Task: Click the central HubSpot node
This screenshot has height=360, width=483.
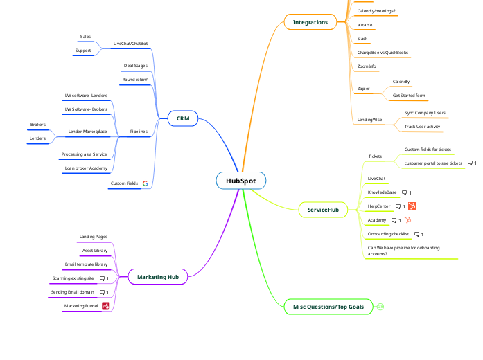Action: tap(240, 181)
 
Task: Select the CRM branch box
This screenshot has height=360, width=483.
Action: tap(183, 119)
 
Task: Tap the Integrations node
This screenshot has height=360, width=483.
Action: tap(310, 22)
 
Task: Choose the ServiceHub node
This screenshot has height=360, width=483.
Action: tap(323, 209)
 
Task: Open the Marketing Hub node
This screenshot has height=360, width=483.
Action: tap(158, 277)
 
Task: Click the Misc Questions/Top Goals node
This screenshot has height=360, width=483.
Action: tap(328, 306)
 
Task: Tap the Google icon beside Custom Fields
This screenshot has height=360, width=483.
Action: tap(146, 183)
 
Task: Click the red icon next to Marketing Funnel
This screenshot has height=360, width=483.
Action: tap(106, 305)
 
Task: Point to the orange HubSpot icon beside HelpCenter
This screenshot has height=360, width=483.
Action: tap(412, 206)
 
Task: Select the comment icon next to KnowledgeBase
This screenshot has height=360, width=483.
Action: tap(405, 192)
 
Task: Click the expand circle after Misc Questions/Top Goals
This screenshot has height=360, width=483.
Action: tap(380, 306)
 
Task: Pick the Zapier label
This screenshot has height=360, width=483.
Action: tap(363, 89)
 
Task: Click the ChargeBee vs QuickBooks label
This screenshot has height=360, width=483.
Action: tap(383, 52)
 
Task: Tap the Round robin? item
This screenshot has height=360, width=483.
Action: tap(135, 80)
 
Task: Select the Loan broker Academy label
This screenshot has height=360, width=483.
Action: tap(86, 168)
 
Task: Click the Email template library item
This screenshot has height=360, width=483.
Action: tap(86, 264)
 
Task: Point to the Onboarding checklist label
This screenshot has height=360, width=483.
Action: tap(388, 234)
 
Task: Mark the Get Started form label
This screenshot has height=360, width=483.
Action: tap(409, 96)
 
